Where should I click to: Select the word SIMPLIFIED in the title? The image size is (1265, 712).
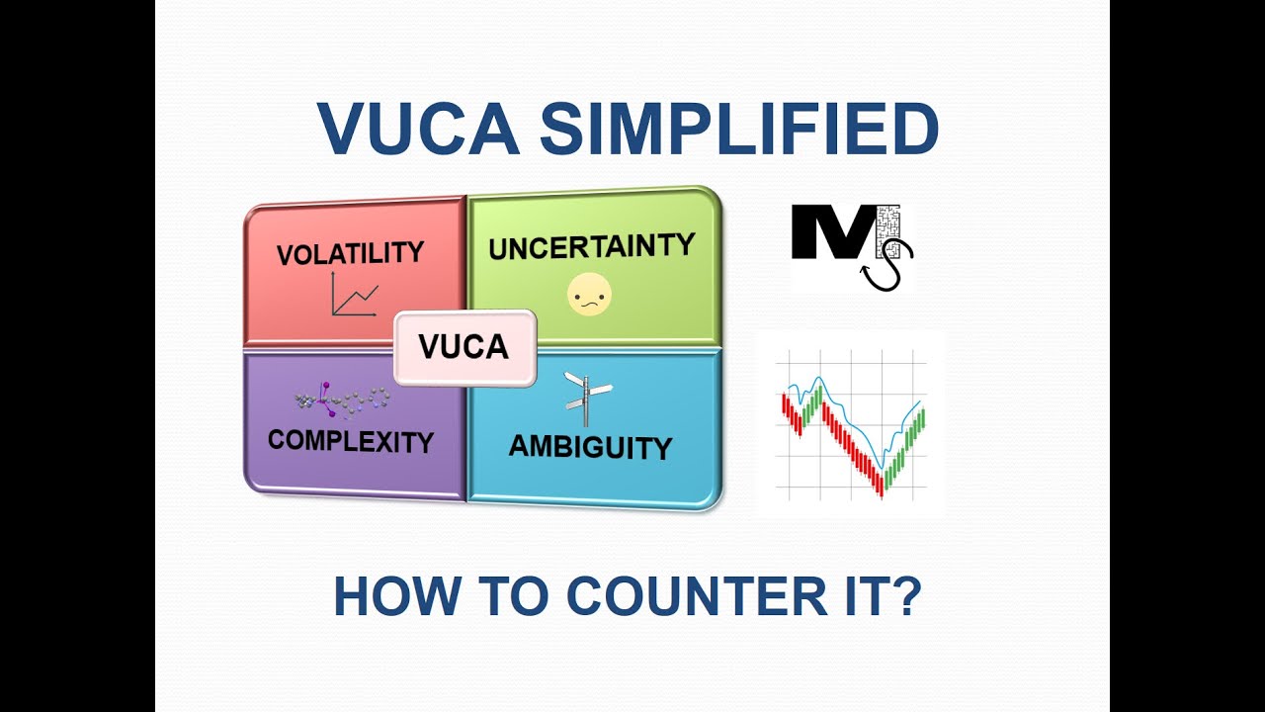click(x=738, y=130)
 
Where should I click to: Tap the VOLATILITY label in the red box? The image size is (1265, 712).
click(x=350, y=253)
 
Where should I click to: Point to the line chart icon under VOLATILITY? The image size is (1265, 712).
click(x=354, y=294)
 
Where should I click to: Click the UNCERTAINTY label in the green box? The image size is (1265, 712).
click(x=591, y=245)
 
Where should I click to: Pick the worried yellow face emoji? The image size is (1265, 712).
click(x=589, y=295)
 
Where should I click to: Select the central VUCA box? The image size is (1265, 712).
click(x=464, y=347)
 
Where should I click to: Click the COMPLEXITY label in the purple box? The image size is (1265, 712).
click(x=351, y=441)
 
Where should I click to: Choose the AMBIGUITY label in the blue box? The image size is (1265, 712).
click(x=590, y=447)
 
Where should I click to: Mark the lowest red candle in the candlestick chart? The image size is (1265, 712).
click(x=879, y=484)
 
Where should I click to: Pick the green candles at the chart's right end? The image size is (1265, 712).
click(x=914, y=431)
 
